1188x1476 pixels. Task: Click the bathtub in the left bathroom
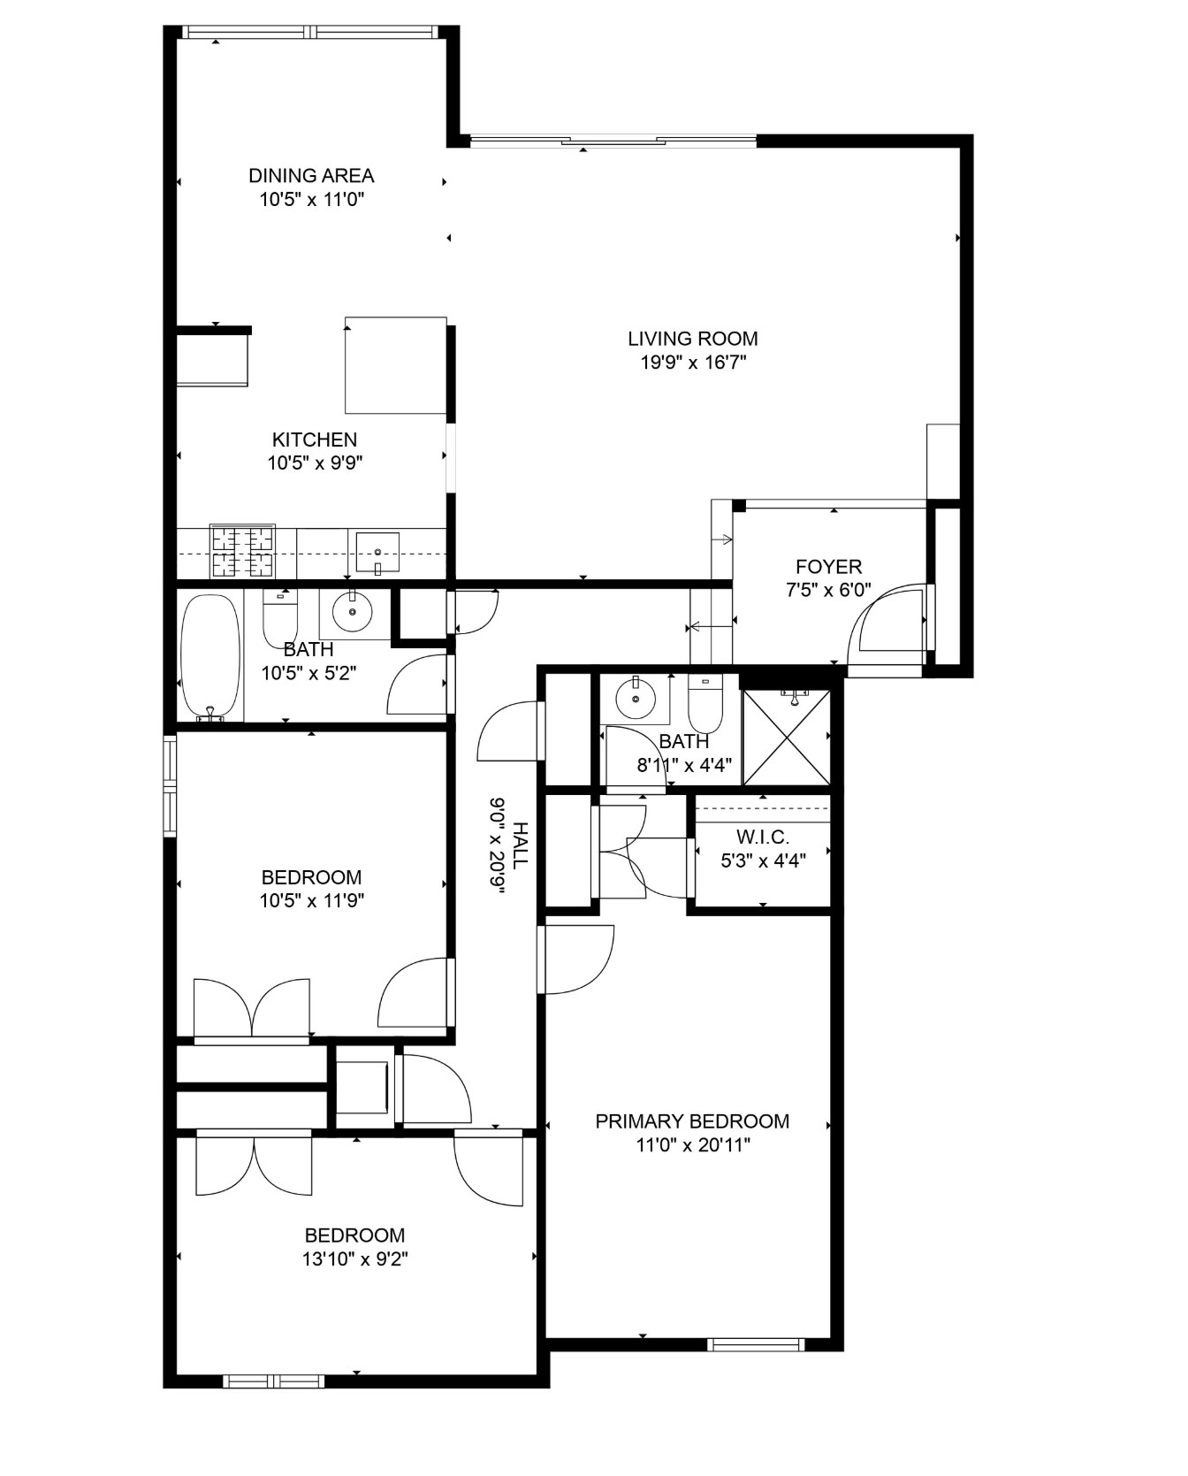[210, 657]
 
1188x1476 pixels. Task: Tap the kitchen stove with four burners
[242, 551]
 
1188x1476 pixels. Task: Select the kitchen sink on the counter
[377, 553]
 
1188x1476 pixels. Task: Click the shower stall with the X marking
[787, 738]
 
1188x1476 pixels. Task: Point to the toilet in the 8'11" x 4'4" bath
[705, 702]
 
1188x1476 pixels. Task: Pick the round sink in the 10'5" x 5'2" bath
[353, 611]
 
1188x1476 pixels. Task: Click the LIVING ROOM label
[693, 339]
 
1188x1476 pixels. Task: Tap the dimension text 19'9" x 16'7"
[694, 362]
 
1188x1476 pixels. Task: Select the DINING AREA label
[311, 176]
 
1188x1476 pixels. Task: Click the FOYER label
[829, 567]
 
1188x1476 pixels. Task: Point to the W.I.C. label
[763, 837]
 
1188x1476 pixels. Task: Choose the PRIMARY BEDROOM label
[692, 1121]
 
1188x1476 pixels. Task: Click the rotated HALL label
[521, 845]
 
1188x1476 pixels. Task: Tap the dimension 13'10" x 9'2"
[354, 1258]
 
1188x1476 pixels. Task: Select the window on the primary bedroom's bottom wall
[757, 1345]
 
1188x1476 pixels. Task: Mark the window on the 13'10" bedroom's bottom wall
[274, 1381]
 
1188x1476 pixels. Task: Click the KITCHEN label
[315, 440]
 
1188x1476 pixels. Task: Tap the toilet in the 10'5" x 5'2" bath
[281, 616]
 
